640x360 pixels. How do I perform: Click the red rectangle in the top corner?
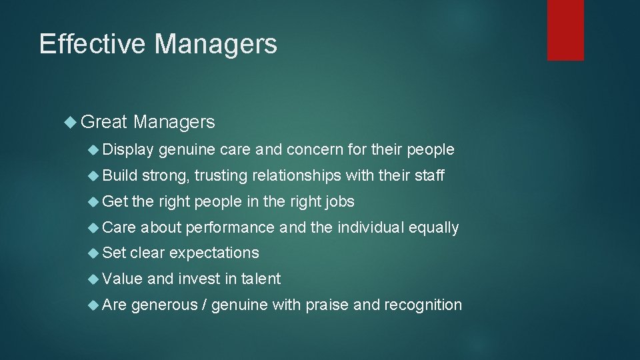point(565,29)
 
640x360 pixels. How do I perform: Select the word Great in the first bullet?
point(103,122)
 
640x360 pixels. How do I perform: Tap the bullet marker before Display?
point(94,149)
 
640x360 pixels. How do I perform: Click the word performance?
point(230,227)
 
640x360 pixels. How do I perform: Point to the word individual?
point(370,227)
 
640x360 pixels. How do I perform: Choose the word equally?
point(434,228)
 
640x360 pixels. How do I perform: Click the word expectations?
point(214,253)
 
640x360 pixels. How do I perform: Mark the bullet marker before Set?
point(94,253)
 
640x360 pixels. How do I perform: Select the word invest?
point(198,279)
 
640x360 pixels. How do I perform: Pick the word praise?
point(327,305)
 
